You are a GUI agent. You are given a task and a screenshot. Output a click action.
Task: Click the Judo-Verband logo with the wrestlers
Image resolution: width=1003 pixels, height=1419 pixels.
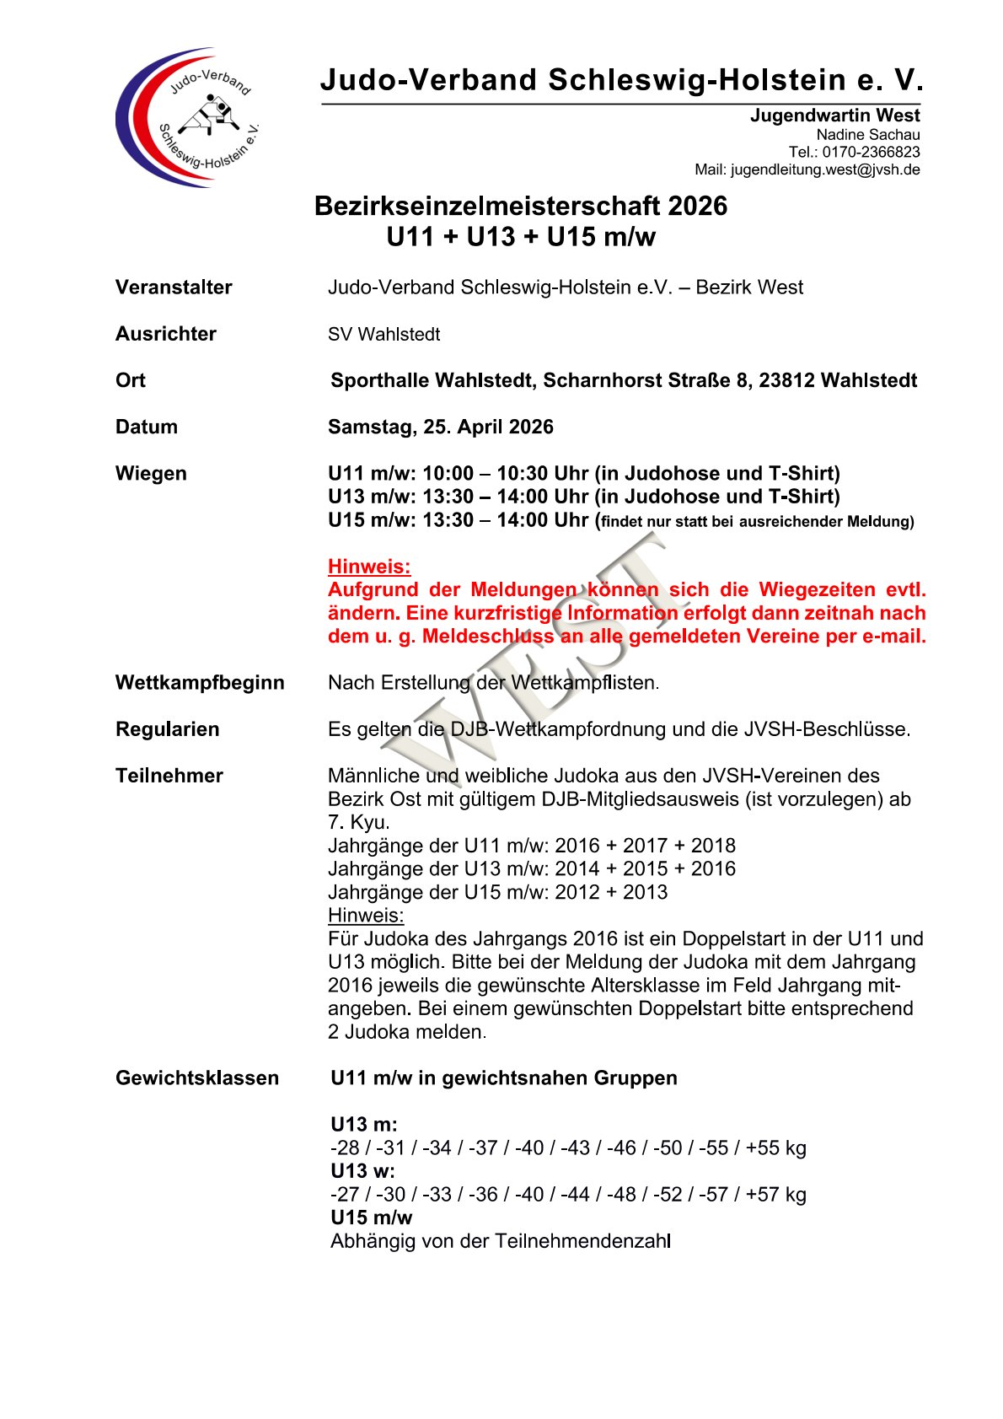[x=187, y=117]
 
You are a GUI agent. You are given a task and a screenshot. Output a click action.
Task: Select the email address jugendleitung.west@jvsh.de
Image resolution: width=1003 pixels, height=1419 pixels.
[x=825, y=170]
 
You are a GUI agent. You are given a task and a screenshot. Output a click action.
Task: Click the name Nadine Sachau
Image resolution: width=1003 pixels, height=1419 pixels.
[x=867, y=135]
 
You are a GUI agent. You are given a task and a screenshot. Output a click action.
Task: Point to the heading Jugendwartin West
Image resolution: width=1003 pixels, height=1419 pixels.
[x=834, y=116]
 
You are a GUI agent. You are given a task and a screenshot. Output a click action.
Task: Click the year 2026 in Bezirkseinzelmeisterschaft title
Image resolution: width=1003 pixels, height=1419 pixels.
[x=696, y=207]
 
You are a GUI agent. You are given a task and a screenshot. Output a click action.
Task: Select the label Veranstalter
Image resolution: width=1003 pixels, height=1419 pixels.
[x=174, y=288]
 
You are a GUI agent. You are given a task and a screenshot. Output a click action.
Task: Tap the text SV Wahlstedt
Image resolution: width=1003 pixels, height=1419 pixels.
[x=383, y=335]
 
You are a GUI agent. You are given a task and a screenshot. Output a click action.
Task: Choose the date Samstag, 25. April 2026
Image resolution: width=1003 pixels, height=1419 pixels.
[x=440, y=427]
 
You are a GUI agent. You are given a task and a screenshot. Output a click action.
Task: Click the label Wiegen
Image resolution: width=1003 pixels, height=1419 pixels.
[x=151, y=474]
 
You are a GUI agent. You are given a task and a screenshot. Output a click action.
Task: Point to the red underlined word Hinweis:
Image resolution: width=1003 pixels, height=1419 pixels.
[x=369, y=567]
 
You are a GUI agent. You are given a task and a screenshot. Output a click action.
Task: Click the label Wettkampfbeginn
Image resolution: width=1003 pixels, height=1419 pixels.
[x=200, y=683]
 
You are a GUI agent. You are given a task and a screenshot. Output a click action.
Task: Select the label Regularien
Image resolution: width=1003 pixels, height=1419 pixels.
[x=167, y=729]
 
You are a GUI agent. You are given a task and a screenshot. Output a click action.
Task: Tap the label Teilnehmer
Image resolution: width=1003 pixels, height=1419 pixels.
[x=169, y=776]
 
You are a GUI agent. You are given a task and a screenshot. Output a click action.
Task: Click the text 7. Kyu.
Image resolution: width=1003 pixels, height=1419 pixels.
[x=358, y=823]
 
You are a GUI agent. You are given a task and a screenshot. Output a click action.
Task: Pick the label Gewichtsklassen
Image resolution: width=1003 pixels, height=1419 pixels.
[x=196, y=1078]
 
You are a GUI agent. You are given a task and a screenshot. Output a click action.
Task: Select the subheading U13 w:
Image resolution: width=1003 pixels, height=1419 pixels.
[x=362, y=1171]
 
